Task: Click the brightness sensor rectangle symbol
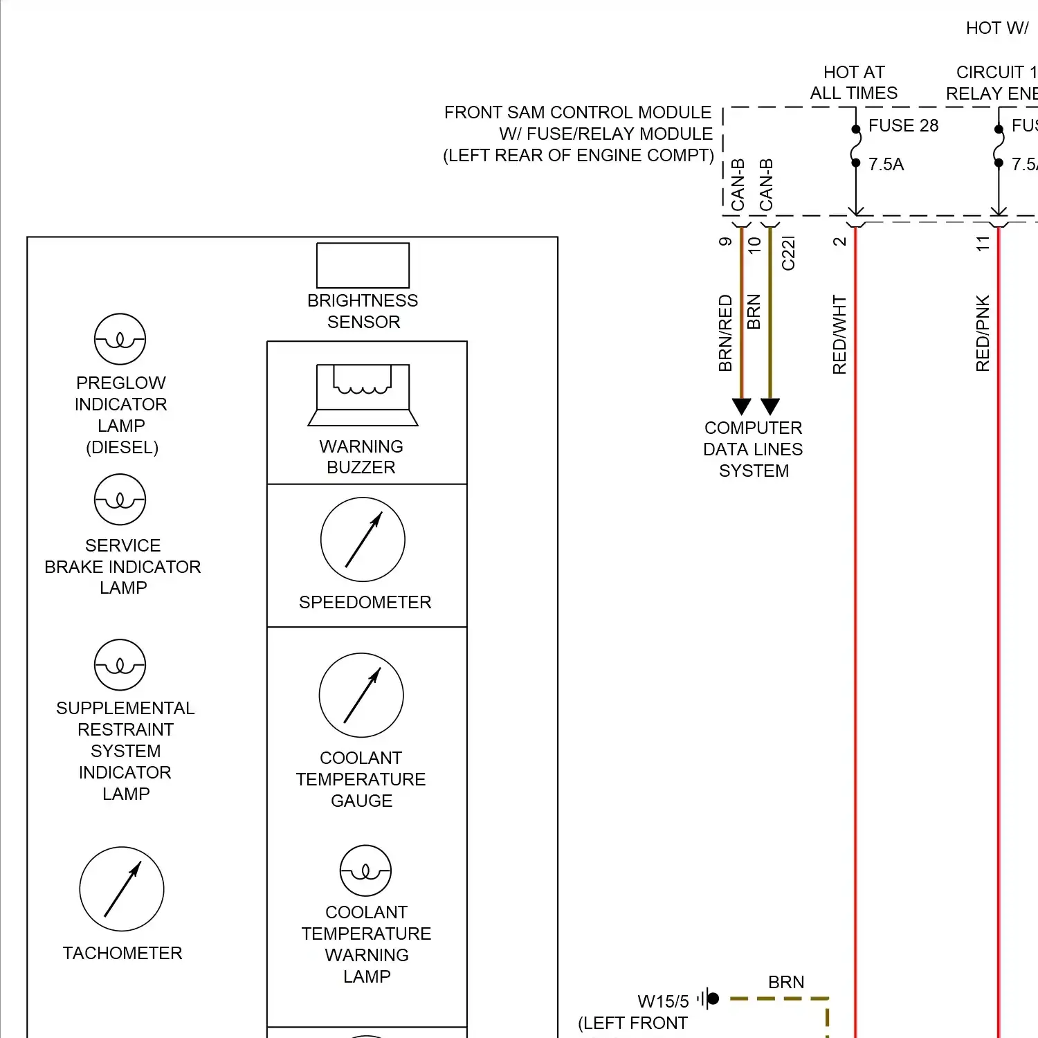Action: click(x=363, y=265)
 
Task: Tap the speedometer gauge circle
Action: click(x=363, y=539)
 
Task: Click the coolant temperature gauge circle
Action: click(x=361, y=695)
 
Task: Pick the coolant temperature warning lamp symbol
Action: click(x=365, y=871)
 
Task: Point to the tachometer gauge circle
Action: click(x=122, y=889)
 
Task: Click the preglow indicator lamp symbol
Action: click(x=120, y=339)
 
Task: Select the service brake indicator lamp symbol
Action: click(x=120, y=500)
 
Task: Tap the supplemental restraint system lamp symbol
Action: click(x=120, y=665)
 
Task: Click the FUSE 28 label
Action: click(x=903, y=125)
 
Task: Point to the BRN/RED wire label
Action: click(x=725, y=333)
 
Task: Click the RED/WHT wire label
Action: click(x=839, y=335)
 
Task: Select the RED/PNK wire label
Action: click(x=983, y=333)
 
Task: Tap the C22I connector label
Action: click(x=788, y=253)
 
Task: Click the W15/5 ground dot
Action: click(x=713, y=999)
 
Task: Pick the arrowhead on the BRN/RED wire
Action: click(x=741, y=406)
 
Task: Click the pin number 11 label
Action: click(x=983, y=244)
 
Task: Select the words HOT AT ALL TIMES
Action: click(x=854, y=82)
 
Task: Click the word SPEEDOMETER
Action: click(x=365, y=602)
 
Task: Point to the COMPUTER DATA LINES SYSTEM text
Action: click(x=753, y=449)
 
